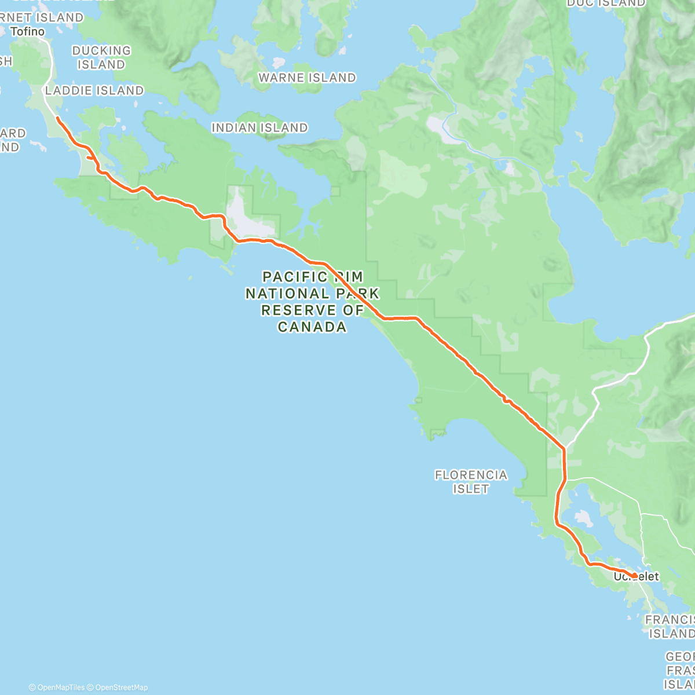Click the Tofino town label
click(x=28, y=31)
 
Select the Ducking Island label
click(x=101, y=57)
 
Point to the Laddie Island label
click(x=94, y=90)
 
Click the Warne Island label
click(x=307, y=78)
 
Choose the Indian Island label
click(x=259, y=127)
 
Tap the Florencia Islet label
click(x=471, y=482)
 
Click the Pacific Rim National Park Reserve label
click(x=312, y=302)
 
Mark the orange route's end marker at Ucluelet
click(x=635, y=576)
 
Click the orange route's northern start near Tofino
click(x=57, y=118)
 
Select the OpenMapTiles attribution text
click(x=56, y=687)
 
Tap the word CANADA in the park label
click(x=312, y=327)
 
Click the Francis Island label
click(x=670, y=627)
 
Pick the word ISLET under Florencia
click(x=471, y=489)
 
